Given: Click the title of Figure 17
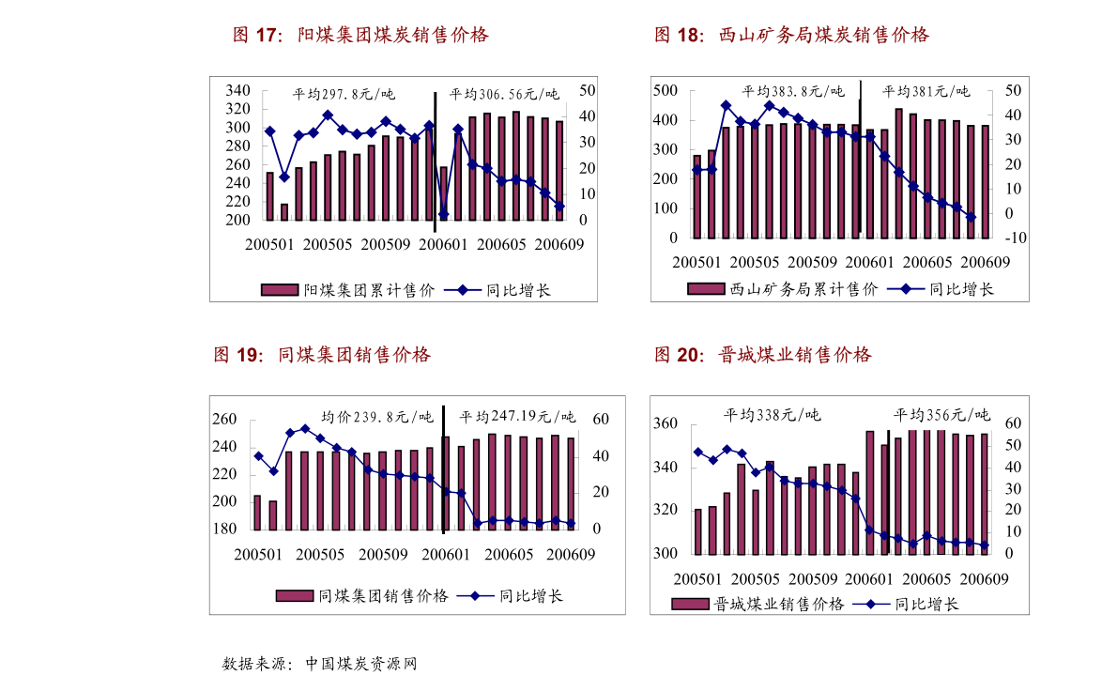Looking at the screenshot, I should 360,36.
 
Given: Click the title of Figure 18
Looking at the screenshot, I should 791,36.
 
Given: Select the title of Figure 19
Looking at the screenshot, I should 322,355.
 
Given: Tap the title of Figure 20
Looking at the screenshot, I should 762,355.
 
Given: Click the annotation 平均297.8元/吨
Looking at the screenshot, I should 344,95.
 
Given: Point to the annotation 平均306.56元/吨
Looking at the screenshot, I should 504,95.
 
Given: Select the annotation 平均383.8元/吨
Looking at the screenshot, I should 793,92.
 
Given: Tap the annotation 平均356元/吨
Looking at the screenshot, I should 941,415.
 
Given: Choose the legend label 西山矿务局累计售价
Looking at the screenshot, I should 803,289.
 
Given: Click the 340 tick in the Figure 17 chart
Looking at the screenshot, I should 237,91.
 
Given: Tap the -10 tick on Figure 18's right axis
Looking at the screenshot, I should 1015,238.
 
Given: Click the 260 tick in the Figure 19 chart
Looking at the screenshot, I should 224,420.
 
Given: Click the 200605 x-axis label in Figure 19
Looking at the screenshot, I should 505,553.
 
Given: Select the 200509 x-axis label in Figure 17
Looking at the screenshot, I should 386,244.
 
